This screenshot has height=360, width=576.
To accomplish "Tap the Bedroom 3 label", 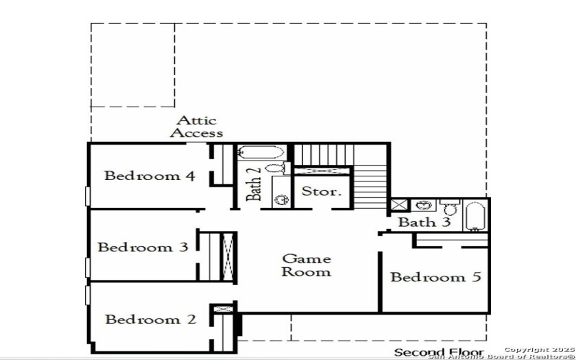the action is (x=143, y=247).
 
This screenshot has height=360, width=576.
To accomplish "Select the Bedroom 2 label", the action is (x=150, y=319).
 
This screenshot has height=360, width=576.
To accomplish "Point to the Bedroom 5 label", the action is (x=436, y=276).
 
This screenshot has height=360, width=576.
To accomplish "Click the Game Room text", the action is (x=307, y=265).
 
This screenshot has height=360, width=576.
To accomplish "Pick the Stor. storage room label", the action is (x=320, y=191).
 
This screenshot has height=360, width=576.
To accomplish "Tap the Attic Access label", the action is (x=197, y=127).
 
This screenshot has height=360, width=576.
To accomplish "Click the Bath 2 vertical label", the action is (x=254, y=184).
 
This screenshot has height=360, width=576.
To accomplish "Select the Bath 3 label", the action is (x=424, y=222).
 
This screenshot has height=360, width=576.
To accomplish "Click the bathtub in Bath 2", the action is (x=261, y=152).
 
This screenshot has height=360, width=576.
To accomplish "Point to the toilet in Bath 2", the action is (x=277, y=168).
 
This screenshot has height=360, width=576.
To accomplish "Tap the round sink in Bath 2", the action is (x=282, y=200).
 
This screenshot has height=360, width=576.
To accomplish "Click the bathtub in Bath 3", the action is (x=474, y=216).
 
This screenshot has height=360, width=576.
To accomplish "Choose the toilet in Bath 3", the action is (x=449, y=207).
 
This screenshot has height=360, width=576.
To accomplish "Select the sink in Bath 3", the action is (x=423, y=205).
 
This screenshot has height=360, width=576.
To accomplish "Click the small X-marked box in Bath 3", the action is (x=399, y=204).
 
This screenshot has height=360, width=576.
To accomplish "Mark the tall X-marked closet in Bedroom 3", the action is (x=228, y=257).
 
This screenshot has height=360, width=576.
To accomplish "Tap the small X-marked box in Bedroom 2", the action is (x=223, y=309).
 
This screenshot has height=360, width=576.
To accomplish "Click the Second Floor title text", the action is (x=439, y=353).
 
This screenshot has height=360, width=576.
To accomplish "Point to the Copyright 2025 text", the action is (x=539, y=350).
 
